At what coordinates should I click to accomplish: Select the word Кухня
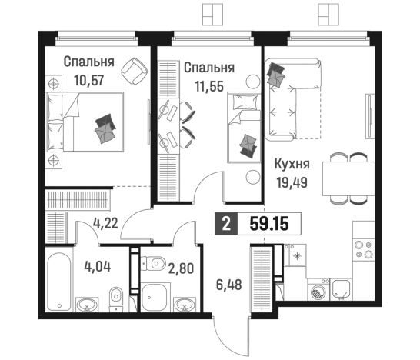(292, 164)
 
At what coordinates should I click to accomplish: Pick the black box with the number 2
(225, 225)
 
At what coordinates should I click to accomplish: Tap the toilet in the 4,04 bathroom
(115, 294)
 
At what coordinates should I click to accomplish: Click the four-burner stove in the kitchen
(363, 248)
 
